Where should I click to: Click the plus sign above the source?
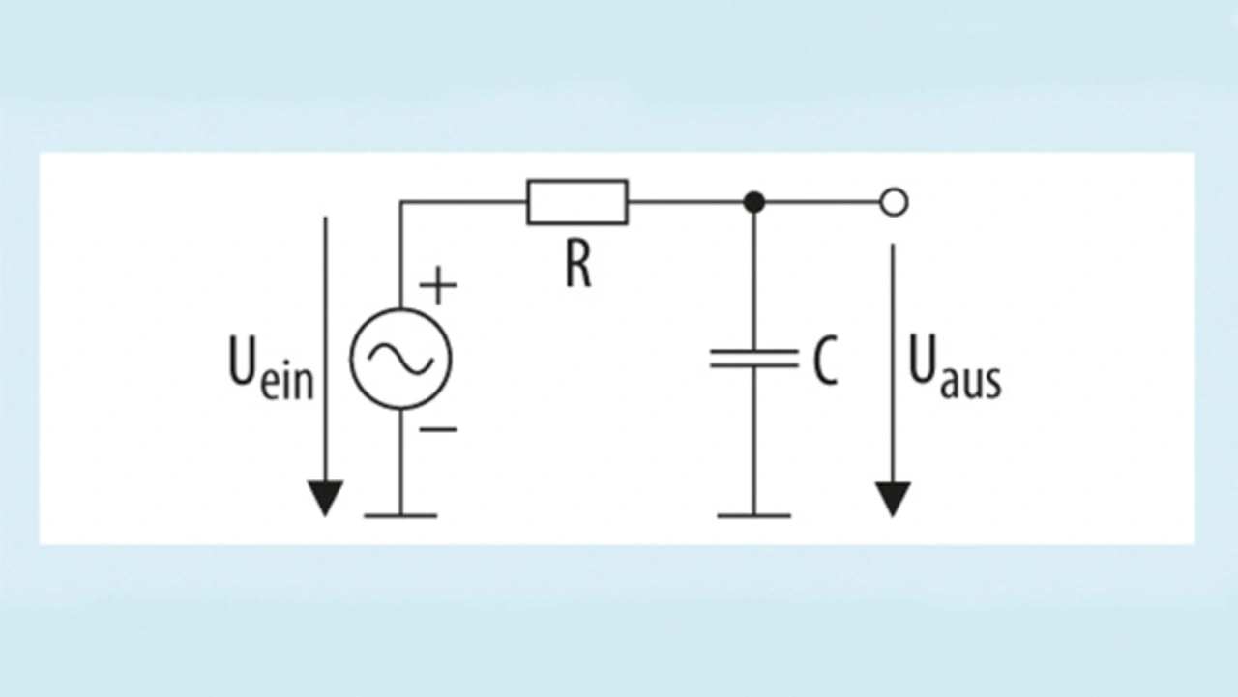(x=438, y=285)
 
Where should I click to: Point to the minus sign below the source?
(x=438, y=429)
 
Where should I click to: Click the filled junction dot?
(x=753, y=202)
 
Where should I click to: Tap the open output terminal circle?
(x=894, y=202)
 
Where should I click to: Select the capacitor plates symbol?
(x=753, y=359)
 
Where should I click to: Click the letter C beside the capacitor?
(x=826, y=361)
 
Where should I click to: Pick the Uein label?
(x=272, y=366)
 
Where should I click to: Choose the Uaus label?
(x=955, y=366)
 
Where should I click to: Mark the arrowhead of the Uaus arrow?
(x=893, y=499)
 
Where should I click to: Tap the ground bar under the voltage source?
(x=400, y=516)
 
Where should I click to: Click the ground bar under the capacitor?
(x=753, y=516)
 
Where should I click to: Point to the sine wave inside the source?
(x=400, y=359)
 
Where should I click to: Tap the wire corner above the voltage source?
(x=400, y=202)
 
